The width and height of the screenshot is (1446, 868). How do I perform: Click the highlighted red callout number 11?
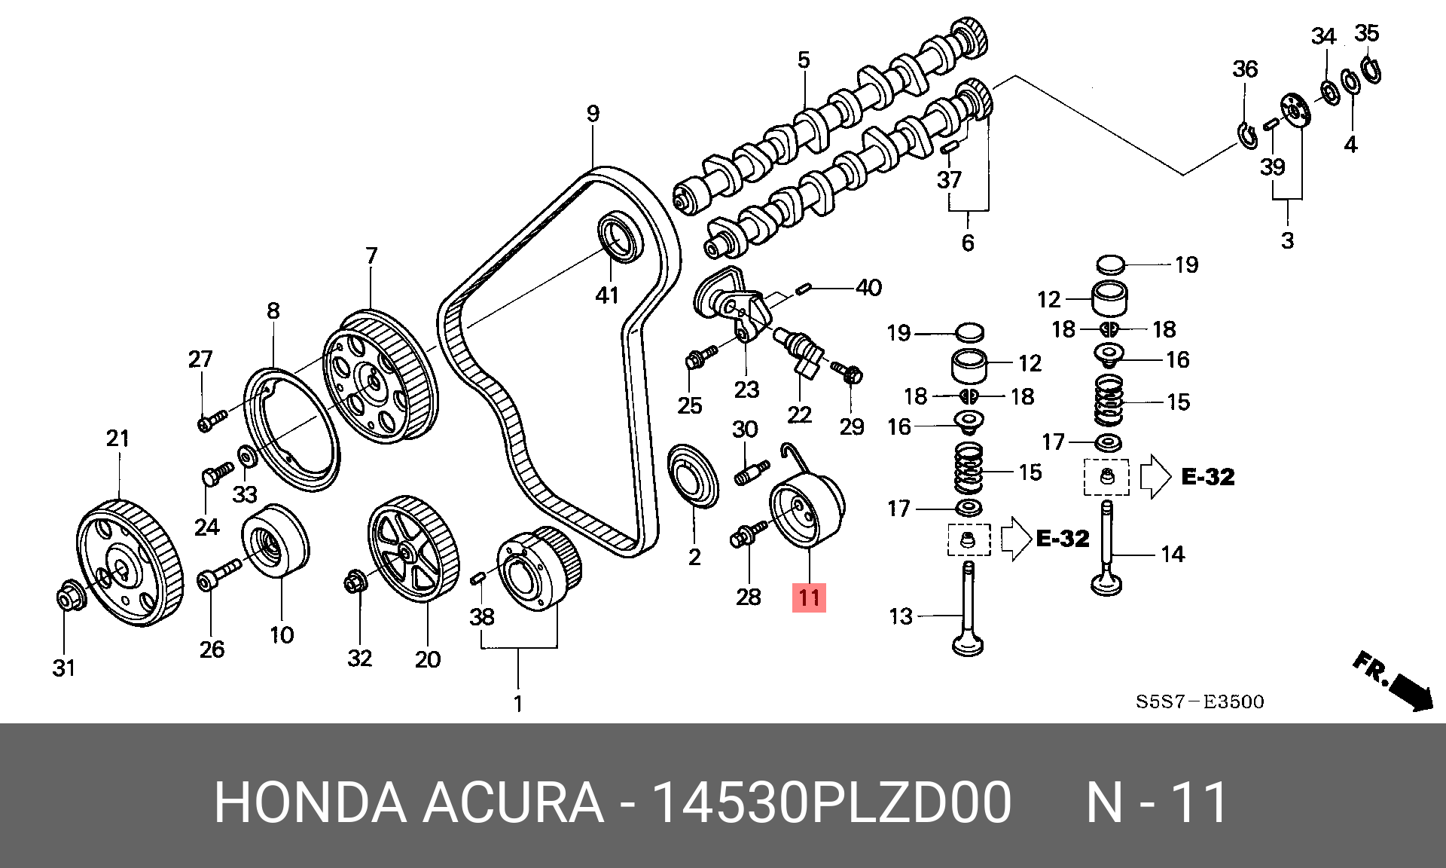pos(809,598)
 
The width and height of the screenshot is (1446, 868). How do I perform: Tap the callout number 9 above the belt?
pos(593,114)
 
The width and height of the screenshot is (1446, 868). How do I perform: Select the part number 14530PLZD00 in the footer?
pos(831,802)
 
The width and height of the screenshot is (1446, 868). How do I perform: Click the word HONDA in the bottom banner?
pos(310,802)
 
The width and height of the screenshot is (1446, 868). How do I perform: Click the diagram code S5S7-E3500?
pos(1200,702)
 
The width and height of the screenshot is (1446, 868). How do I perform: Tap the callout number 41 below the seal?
pos(607,295)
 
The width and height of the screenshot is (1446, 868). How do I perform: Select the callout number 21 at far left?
pos(118,439)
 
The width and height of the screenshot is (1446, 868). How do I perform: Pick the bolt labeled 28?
pos(747,535)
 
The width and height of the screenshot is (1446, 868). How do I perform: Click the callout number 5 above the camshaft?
pos(804,60)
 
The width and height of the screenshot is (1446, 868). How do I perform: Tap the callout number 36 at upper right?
pos(1245,69)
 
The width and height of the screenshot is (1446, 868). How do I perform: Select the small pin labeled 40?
pos(803,288)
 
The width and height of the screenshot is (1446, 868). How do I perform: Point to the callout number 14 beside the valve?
pos(1173,555)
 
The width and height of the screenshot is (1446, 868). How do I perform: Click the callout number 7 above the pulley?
pos(371,256)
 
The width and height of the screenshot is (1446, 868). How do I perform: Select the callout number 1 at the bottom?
pos(518,704)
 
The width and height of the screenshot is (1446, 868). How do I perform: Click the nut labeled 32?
pos(355,582)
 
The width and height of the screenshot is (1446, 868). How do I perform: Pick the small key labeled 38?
pos(477,578)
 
